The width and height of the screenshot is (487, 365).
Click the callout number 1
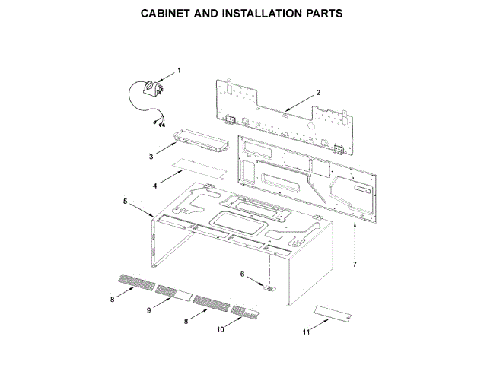pos(180,71)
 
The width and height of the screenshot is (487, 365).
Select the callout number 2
pos(318,93)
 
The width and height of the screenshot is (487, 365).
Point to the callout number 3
pos(151,156)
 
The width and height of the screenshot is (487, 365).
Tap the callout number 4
pos(154,185)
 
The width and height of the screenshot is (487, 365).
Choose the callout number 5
pos(125,201)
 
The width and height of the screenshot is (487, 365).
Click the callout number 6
pos(243,274)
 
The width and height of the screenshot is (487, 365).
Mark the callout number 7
pos(355,264)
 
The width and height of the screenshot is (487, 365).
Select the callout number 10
pos(221,329)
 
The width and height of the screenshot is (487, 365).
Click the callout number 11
pos(306,332)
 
